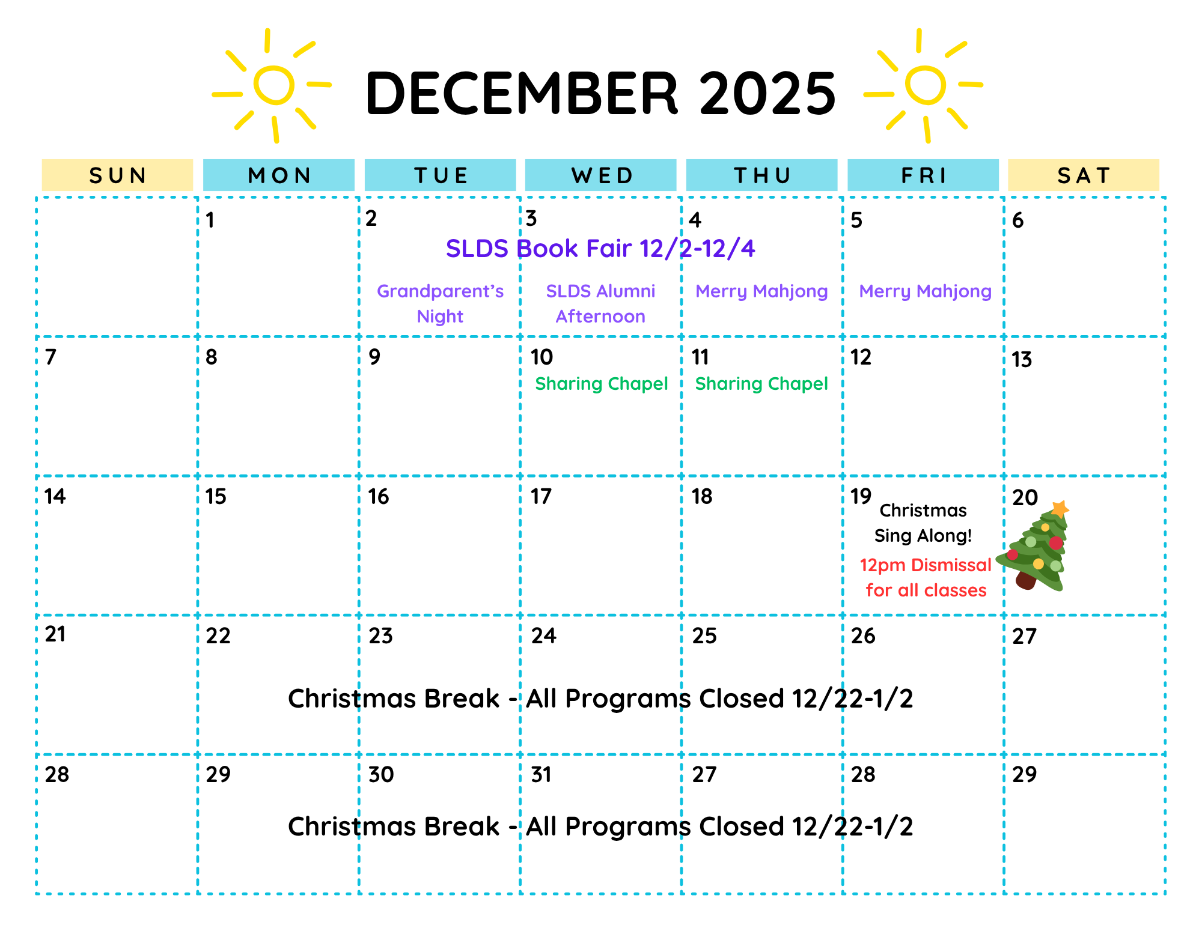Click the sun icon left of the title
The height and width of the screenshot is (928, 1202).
click(273, 85)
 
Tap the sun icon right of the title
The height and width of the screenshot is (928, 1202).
click(925, 85)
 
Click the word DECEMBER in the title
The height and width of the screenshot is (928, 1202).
click(522, 93)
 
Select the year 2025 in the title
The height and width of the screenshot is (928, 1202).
click(767, 93)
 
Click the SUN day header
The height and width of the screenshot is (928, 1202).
click(118, 175)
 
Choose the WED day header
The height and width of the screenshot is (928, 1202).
click(601, 175)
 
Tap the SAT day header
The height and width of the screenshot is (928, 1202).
click(1084, 175)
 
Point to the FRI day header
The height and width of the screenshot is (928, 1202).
click(923, 175)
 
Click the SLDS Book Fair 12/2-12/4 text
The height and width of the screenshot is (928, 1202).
click(600, 248)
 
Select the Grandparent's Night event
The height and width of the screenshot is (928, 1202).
click(440, 303)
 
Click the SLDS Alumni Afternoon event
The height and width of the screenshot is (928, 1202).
click(600, 303)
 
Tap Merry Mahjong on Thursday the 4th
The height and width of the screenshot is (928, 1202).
click(761, 291)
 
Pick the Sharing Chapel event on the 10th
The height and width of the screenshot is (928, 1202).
click(601, 383)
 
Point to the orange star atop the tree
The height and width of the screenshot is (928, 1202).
click(1060, 509)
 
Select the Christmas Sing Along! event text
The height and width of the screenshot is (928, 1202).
click(923, 523)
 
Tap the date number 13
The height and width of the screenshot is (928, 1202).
click(1022, 360)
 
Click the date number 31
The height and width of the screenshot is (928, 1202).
click(541, 775)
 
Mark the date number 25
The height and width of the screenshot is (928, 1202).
click(704, 636)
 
